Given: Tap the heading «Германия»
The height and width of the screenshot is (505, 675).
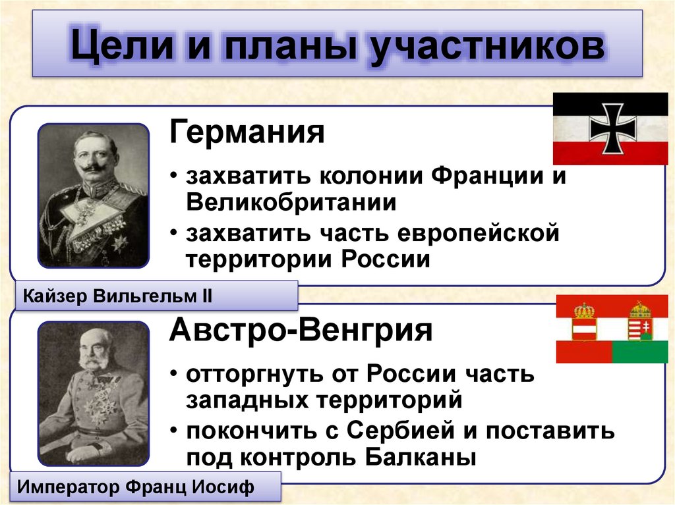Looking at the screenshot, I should pyautogui.click(x=247, y=133).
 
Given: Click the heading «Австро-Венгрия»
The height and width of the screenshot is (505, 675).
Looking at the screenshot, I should pyautogui.click(x=301, y=329).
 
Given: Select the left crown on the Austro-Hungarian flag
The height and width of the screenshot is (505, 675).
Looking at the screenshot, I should pyautogui.click(x=583, y=310).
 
